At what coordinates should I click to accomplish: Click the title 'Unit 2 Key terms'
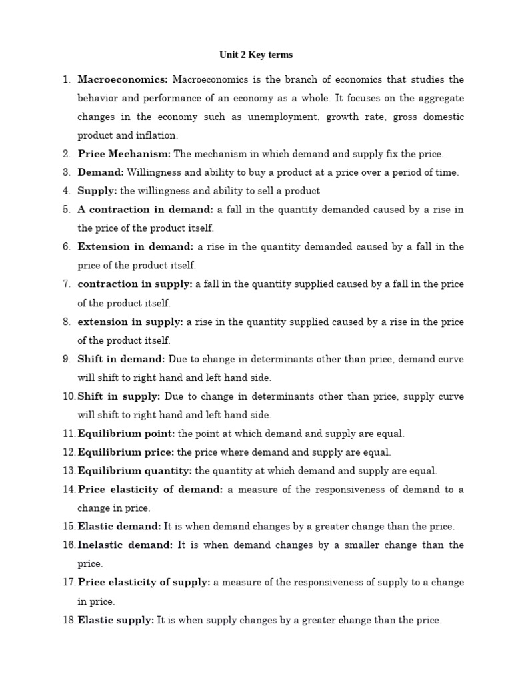click(x=256, y=55)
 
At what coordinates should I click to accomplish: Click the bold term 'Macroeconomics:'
click(x=123, y=79)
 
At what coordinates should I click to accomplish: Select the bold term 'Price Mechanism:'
click(x=124, y=154)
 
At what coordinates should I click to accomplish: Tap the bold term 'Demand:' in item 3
click(x=101, y=172)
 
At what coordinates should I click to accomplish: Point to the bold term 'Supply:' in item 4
click(x=97, y=191)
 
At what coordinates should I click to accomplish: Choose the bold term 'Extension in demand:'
click(x=135, y=247)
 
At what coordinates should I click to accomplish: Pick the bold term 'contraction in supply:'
click(x=135, y=284)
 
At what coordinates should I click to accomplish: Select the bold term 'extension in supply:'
click(x=130, y=322)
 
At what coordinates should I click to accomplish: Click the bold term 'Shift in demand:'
click(x=121, y=359)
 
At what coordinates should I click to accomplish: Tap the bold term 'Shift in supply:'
click(x=119, y=396)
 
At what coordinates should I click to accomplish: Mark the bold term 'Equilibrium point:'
click(x=126, y=434)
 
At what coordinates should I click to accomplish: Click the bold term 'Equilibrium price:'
click(x=126, y=452)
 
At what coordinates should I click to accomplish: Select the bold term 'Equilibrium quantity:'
click(x=135, y=471)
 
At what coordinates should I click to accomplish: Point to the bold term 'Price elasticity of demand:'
click(x=150, y=490)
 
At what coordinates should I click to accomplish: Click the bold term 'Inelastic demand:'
click(x=125, y=545)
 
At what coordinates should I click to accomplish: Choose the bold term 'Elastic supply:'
click(x=116, y=620)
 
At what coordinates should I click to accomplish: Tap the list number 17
click(x=69, y=583)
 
